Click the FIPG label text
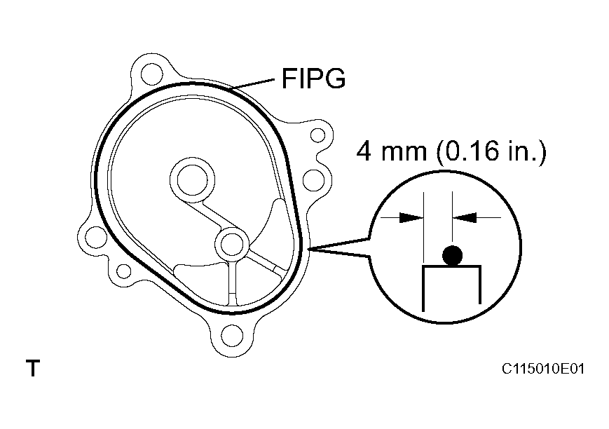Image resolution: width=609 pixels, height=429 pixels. (313, 79)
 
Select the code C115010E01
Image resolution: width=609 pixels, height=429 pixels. (542, 369)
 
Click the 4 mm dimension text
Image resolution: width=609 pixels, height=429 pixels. (391, 151)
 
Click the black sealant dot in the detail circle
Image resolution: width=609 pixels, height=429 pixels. (453, 256)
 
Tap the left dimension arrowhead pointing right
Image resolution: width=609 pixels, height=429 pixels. (411, 217)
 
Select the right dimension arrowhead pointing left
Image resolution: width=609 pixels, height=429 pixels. (465, 217)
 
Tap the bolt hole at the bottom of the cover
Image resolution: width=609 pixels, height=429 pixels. (233, 336)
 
